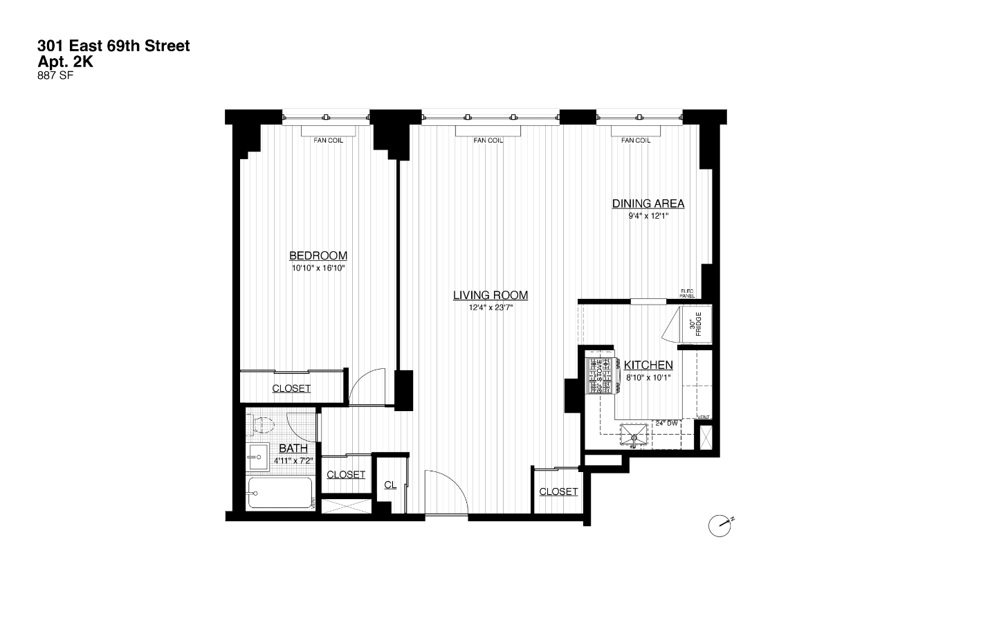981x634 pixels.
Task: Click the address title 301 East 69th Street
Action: click(113, 46)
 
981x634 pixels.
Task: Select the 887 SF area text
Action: click(55, 76)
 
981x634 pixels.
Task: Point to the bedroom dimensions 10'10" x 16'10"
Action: click(318, 268)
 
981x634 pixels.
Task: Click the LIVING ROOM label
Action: click(490, 296)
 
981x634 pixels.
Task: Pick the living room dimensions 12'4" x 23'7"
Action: click(490, 308)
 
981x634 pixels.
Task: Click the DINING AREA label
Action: click(648, 203)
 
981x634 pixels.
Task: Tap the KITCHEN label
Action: click(648, 365)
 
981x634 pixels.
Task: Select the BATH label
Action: click(293, 449)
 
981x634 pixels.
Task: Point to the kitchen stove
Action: click(599, 376)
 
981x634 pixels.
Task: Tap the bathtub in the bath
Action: click(280, 493)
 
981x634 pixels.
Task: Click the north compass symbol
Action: click(720, 526)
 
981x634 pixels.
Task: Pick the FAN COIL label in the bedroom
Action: click(328, 141)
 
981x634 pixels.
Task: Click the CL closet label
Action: click(390, 485)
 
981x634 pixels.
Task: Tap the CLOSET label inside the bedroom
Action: click(291, 388)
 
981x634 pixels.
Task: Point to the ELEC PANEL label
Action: click(686, 293)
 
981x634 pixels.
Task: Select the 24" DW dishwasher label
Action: click(666, 422)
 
